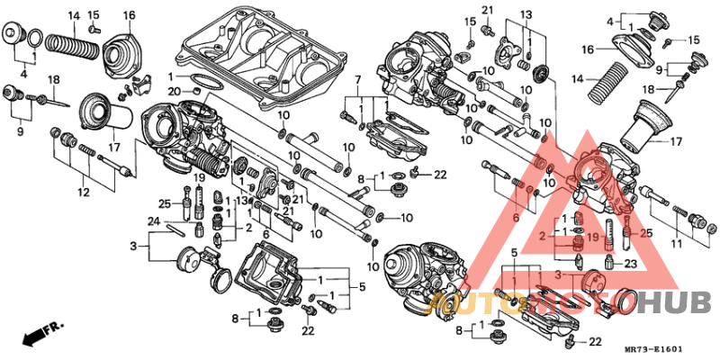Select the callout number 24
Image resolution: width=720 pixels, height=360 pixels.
[x=154, y=221]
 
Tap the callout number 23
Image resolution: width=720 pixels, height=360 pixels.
[x=630, y=264]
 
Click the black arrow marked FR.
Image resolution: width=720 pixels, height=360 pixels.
[x=33, y=335]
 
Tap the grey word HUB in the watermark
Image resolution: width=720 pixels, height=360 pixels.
[x=675, y=303]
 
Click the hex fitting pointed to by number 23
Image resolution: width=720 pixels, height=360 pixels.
[x=611, y=262]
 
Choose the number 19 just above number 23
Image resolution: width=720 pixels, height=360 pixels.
[x=594, y=238]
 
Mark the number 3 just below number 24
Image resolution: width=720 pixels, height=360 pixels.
[x=132, y=246]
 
